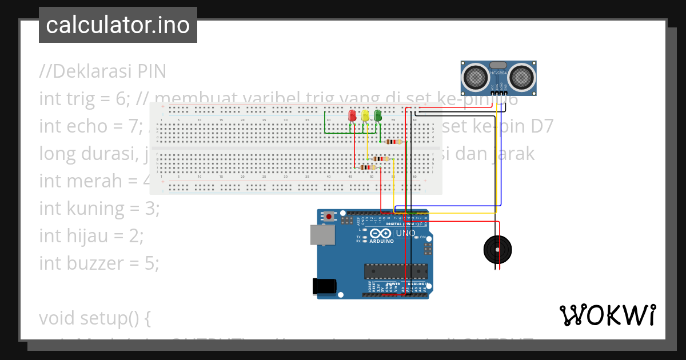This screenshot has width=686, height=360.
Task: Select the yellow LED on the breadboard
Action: pos(365,116)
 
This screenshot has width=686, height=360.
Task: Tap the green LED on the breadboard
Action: pos(378,116)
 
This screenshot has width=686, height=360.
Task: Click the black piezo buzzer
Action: pos(497,249)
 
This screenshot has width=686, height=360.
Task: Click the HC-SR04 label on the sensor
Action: pos(498,73)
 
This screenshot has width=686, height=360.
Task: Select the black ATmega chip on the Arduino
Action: pos(396,271)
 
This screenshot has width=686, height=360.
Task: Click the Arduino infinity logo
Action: pos(381,233)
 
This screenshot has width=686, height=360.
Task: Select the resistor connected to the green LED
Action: pos(392,142)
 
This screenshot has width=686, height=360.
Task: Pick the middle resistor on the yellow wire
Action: pos(378,159)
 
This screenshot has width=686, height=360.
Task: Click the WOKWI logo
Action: pos(607,315)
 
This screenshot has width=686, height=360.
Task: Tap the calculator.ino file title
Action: pos(118,25)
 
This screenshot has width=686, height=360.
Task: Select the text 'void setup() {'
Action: pos(95,318)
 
